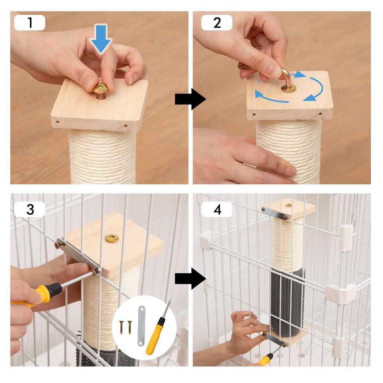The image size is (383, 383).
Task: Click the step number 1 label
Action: click(30, 23)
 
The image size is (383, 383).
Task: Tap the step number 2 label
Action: click(217, 23)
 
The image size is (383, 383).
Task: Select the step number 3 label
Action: click(30, 209)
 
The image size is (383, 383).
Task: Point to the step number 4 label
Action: click(217, 209)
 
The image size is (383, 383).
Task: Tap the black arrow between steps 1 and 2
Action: click(190, 99)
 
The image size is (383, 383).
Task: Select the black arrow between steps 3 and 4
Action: click(190, 278)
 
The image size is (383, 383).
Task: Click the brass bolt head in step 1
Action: click(101, 88)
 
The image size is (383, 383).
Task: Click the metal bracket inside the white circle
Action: click(141, 326)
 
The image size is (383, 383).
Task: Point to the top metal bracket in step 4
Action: click(275, 213)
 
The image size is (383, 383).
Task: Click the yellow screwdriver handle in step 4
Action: click(265, 360)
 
